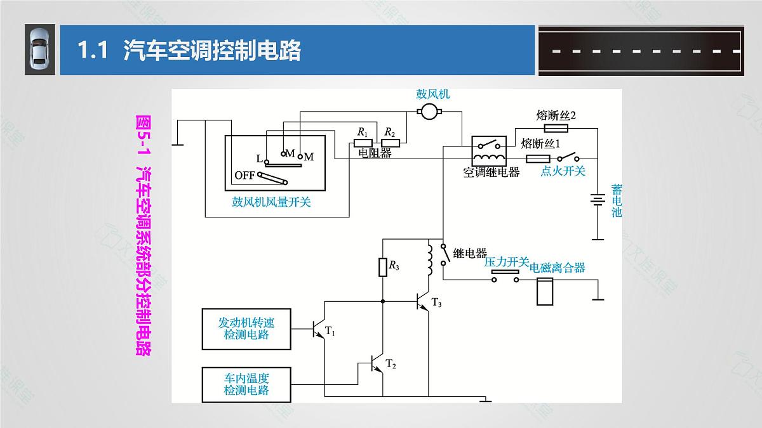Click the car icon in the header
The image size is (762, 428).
click(39, 50)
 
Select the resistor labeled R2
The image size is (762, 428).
click(389, 144)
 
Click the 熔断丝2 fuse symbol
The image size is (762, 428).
click(556, 128)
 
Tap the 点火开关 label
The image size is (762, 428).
click(563, 171)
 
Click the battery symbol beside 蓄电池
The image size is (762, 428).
click(598, 200)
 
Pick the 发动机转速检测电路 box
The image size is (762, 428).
click(246, 328)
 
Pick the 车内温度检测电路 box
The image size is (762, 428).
click(246, 384)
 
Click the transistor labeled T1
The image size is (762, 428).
click(319, 330)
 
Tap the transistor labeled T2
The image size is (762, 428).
click(378, 363)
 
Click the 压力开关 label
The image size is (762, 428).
click(506, 262)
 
